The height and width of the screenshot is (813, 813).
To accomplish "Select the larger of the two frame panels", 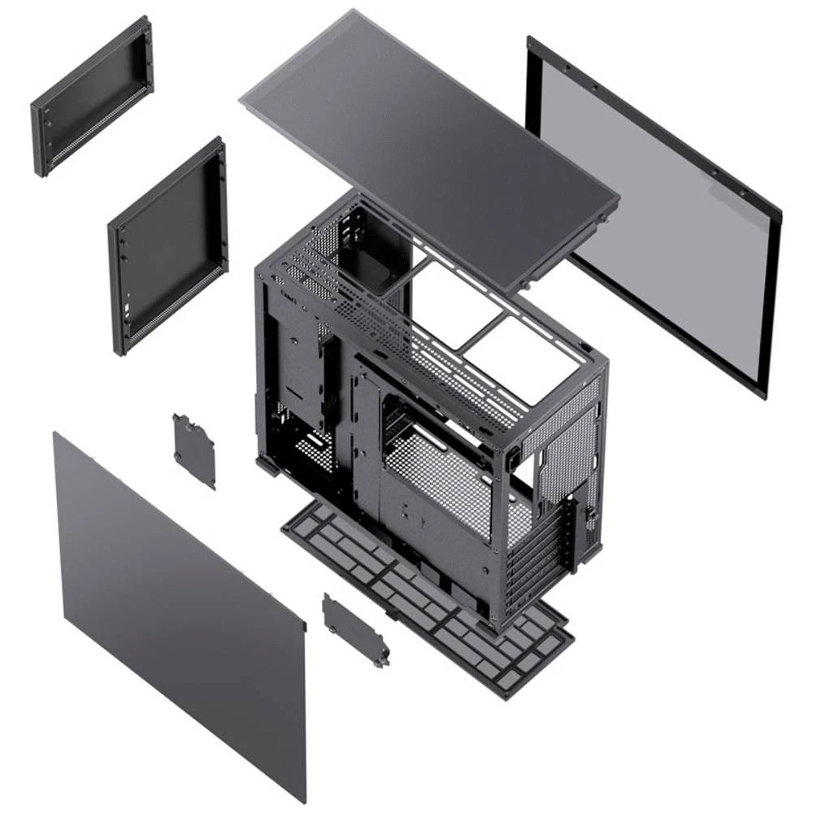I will click(167, 244).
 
